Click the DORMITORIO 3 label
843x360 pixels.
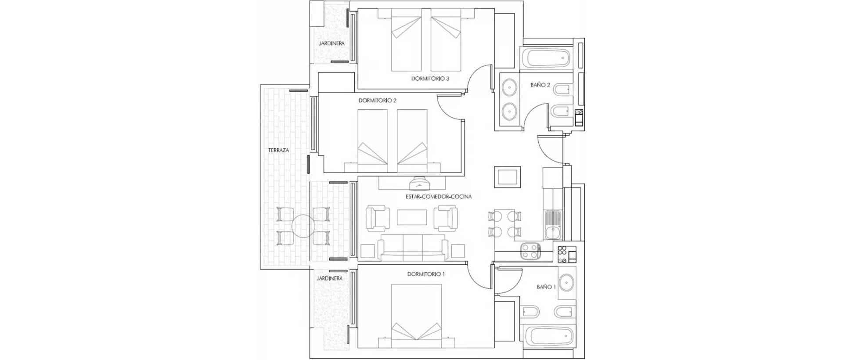pyautogui.click(x=430, y=79)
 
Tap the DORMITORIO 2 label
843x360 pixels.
pyautogui.click(x=377, y=101)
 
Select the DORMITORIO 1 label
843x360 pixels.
pyautogui.click(x=426, y=274)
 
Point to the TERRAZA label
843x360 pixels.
pyautogui.click(x=278, y=150)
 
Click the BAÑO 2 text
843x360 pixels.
pyautogui.click(x=540, y=85)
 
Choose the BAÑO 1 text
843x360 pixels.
pyautogui.click(x=546, y=287)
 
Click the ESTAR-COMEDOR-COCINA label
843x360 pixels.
pyautogui.click(x=439, y=197)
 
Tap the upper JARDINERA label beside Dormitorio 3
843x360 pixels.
pyautogui.click(x=331, y=43)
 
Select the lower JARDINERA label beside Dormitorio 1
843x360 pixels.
pyautogui.click(x=329, y=278)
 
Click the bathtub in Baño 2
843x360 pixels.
pyautogui.click(x=546, y=58)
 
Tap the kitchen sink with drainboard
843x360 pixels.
pyautogui.click(x=552, y=224)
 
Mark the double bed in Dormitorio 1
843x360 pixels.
pyautogui.click(x=417, y=311)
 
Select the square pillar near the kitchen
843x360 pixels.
pyautogui.click(x=508, y=177)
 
